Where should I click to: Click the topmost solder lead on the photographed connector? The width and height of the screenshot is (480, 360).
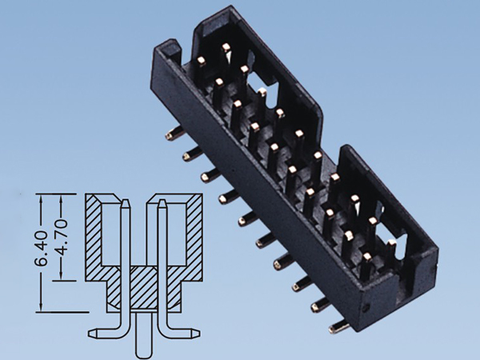pyautogui.click(x=170, y=134)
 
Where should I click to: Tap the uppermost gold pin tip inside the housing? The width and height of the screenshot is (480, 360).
pyautogui.click(x=226, y=49)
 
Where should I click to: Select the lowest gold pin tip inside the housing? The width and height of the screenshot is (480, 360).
pyautogui.click(x=366, y=257)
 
